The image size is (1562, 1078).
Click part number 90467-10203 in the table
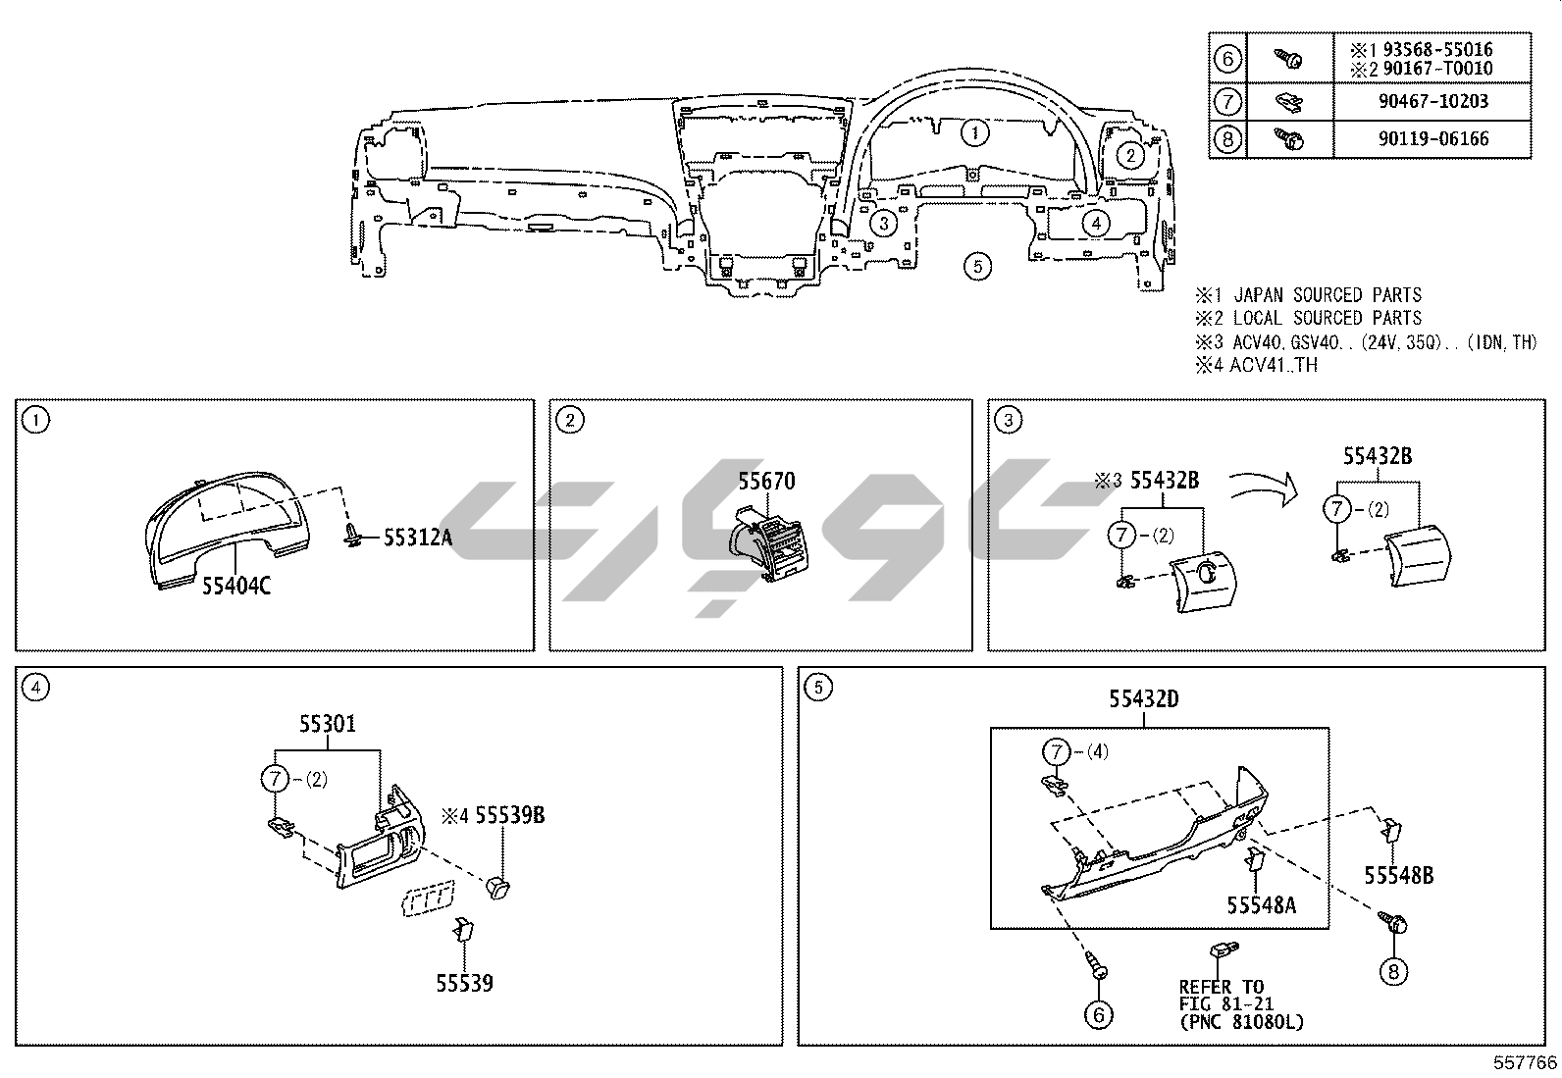click(x=1433, y=102)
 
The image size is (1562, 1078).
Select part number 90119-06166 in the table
click(x=1433, y=138)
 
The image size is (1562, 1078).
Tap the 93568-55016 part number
click(x=1437, y=49)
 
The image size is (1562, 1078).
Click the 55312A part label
click(x=418, y=537)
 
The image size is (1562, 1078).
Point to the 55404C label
click(x=236, y=586)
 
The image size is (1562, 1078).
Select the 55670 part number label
click(x=766, y=481)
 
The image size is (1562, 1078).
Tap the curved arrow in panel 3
click(x=1263, y=486)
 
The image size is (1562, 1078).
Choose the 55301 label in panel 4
click(x=328, y=724)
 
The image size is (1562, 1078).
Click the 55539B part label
click(x=510, y=815)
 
